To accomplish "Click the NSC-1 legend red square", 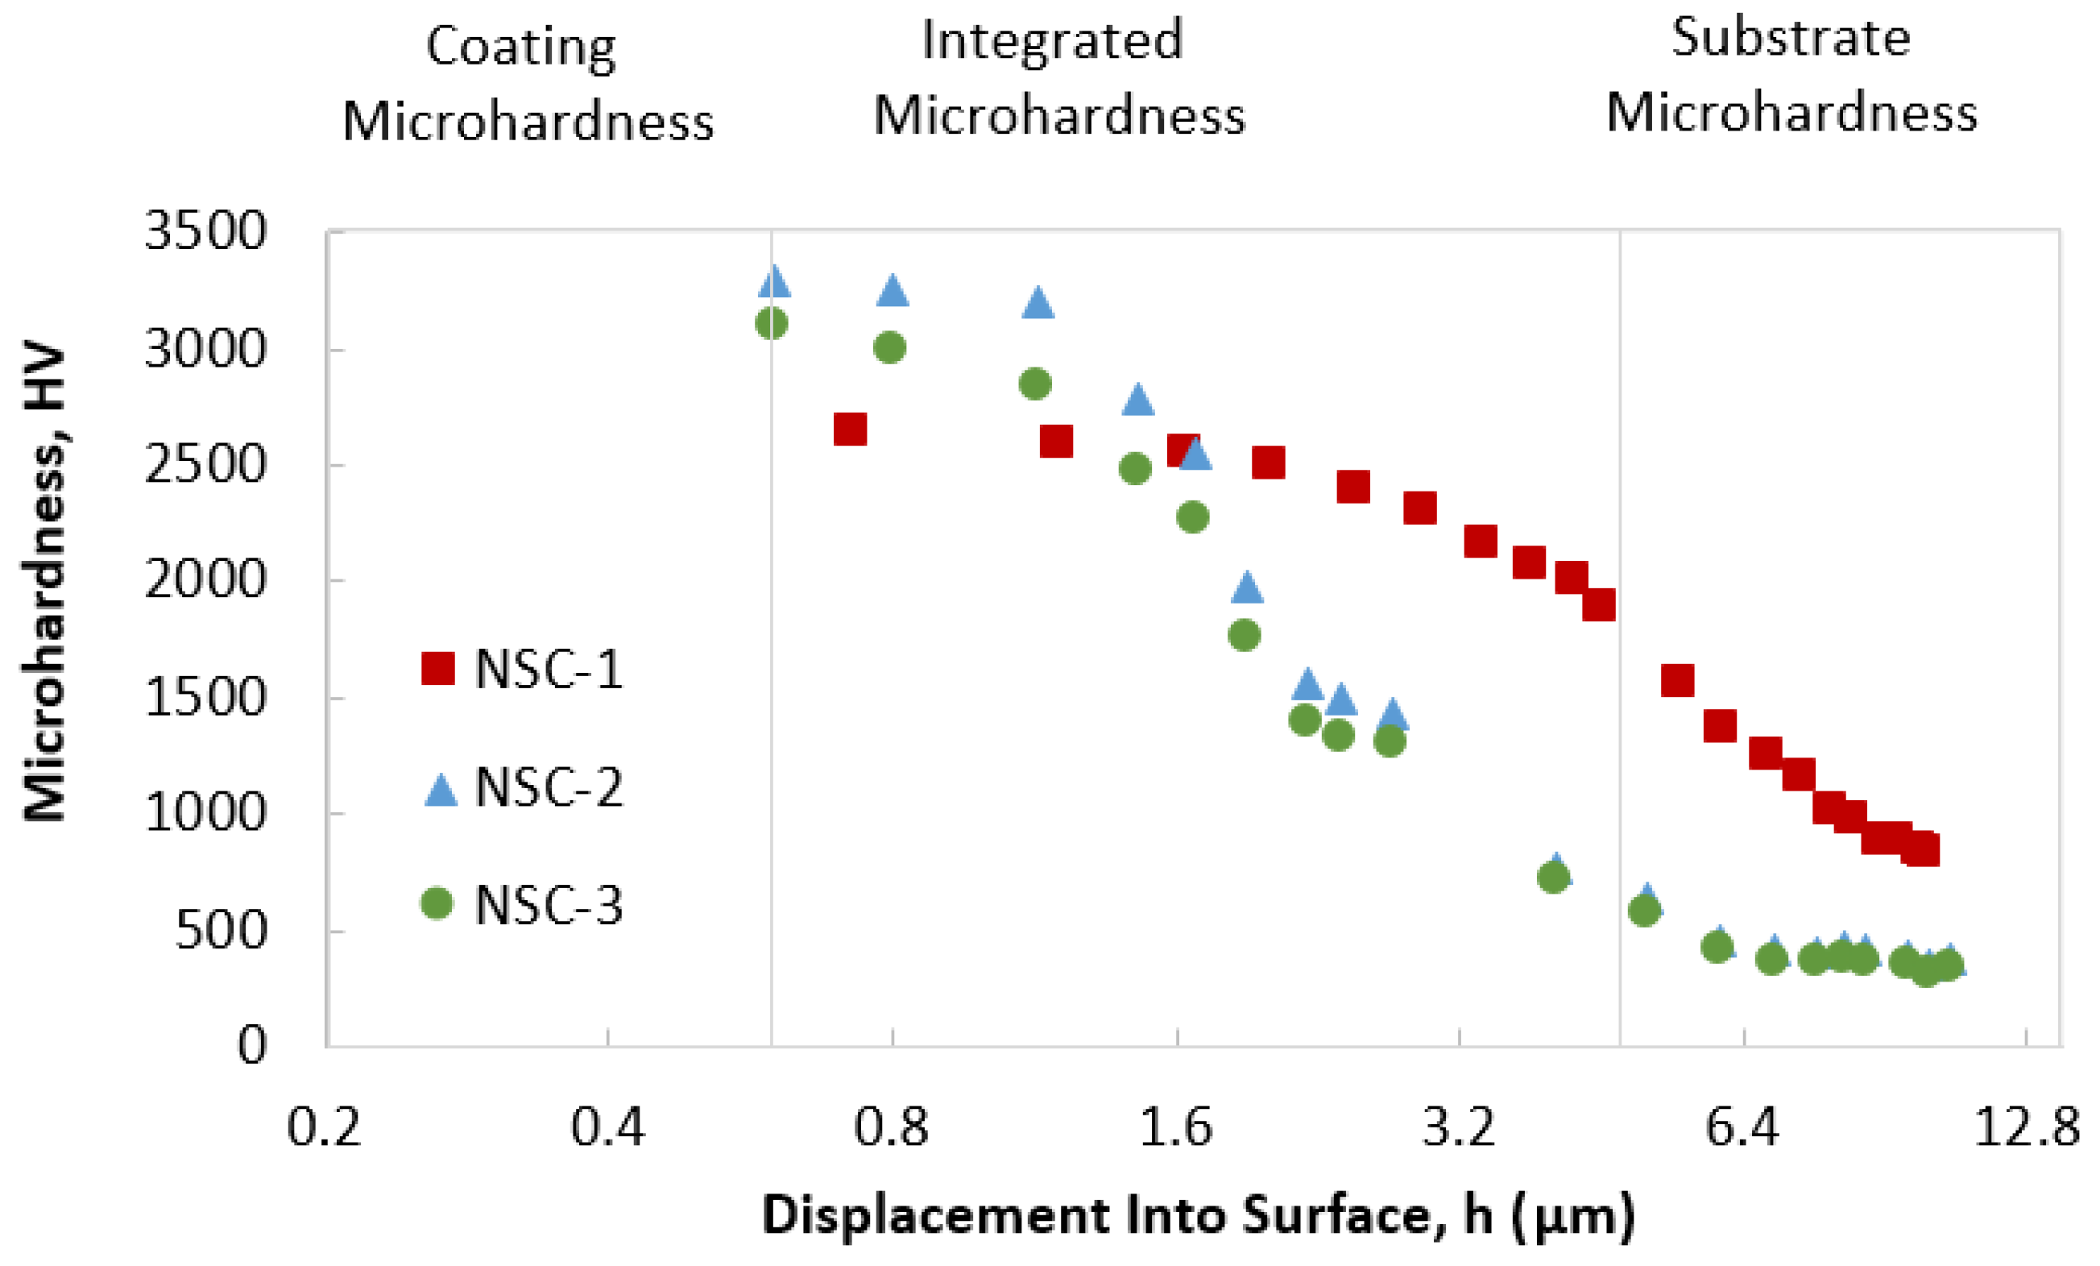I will (x=438, y=668).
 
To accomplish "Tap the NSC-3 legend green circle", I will (x=437, y=903).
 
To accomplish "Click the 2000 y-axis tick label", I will (x=205, y=580).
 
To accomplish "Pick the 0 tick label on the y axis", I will (x=251, y=1044).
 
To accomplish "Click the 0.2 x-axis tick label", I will (x=324, y=1127).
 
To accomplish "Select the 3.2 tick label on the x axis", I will (x=1459, y=1127).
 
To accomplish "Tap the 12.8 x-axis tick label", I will (x=2027, y=1127).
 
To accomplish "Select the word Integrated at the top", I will (x=1053, y=40).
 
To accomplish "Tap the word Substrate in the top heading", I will (x=1791, y=38).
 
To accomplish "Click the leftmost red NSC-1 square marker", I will (x=850, y=430).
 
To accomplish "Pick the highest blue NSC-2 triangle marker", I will (x=774, y=281).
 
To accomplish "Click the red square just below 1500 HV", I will (x=1720, y=726).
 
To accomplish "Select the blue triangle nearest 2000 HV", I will (x=1247, y=587).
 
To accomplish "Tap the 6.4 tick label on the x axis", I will (x=1743, y=1127).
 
